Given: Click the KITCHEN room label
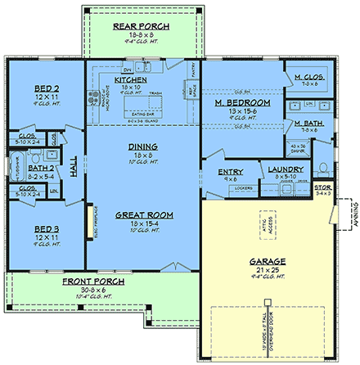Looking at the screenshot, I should coord(130,81).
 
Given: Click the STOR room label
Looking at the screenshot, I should coord(324,188).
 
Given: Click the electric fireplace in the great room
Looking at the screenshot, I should coord(91,220).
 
